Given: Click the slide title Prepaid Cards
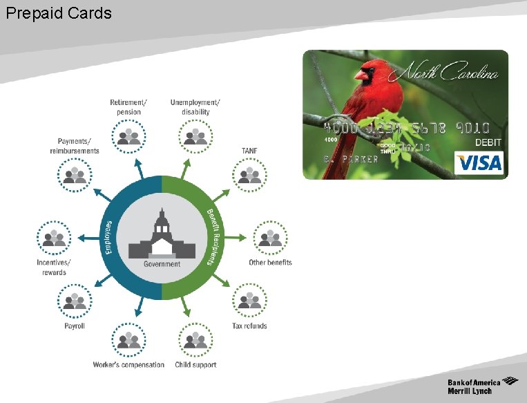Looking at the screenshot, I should [58, 13].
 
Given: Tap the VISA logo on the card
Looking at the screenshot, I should [478, 162].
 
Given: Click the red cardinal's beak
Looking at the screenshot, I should [358, 74].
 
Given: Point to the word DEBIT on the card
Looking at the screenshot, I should [488, 142].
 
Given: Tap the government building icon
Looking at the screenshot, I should [162, 237].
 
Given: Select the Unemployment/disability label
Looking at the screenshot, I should [195, 107].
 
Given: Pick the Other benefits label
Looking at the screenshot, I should [270, 263].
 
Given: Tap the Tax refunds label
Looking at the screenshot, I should [249, 326].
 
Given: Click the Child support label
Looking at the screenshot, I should [195, 365].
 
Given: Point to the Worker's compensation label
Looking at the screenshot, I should [128, 365].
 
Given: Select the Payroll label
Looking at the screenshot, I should [74, 326].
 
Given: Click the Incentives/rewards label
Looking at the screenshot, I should [54, 268].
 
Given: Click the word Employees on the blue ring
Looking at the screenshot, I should [108, 237].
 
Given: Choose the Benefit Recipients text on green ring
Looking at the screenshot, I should [214, 237].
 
